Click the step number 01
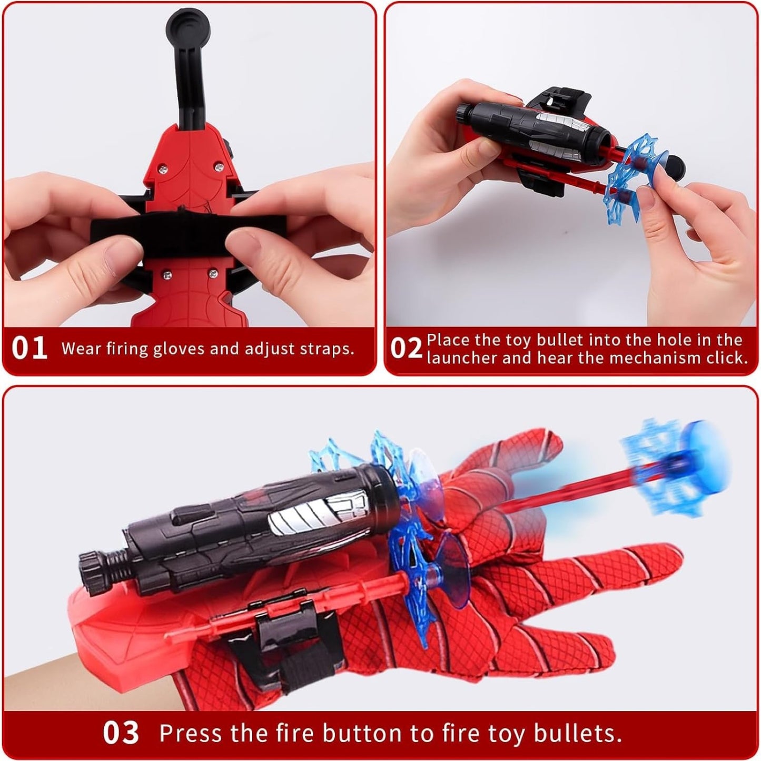(x=29, y=348)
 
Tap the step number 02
(x=407, y=348)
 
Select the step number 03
(x=121, y=721)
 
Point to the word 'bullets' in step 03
(x=576, y=723)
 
